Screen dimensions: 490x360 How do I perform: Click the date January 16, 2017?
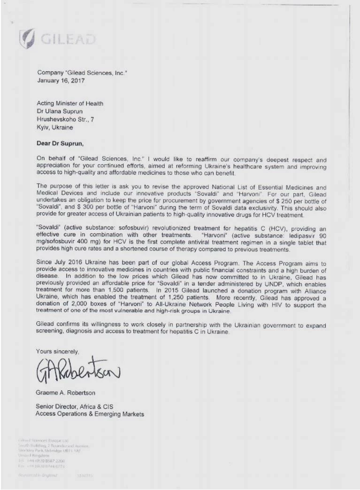[x=60, y=81]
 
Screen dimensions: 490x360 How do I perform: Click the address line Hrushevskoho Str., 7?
[x=65, y=119]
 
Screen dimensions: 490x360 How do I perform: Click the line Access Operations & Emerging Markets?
[x=90, y=414]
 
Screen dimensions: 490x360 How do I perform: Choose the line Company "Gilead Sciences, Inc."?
[x=82, y=73]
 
